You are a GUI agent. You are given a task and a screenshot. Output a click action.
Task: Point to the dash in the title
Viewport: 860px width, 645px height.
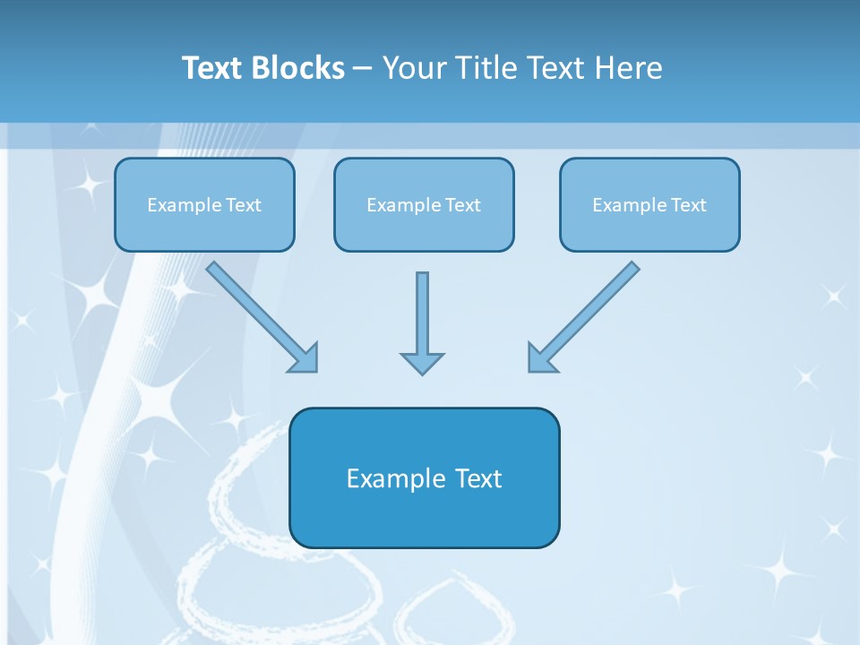coord(362,69)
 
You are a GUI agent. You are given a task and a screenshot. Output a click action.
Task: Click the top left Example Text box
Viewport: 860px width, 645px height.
coord(204,205)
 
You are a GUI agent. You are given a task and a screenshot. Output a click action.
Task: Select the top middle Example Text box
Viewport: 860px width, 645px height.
coord(424,205)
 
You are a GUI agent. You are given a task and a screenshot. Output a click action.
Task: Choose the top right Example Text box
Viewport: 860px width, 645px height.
coord(649,205)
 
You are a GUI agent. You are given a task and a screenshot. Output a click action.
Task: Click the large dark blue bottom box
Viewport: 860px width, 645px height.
coord(424,477)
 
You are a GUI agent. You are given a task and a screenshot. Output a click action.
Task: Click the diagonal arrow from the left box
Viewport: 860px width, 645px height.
coord(260,314)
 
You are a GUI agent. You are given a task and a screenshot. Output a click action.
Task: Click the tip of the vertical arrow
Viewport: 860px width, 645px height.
coord(422,372)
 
